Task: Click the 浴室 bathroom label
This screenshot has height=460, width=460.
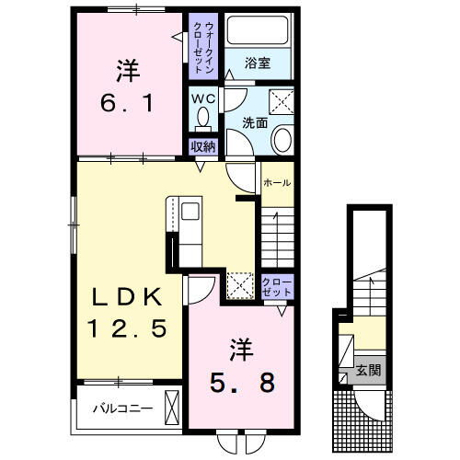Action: coord(258,63)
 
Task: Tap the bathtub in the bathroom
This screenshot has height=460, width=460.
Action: coord(258,30)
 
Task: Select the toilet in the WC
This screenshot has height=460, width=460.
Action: coord(203,120)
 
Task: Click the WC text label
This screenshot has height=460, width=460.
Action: coord(203,98)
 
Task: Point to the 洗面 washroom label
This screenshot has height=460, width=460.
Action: coord(255,122)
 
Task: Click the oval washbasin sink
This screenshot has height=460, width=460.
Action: coord(282,141)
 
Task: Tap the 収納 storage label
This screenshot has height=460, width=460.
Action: coord(203,147)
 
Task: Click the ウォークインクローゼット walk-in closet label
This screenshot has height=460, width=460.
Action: coord(203,47)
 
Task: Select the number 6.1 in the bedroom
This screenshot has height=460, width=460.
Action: coord(127,103)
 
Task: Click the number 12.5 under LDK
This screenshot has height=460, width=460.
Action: coord(127,328)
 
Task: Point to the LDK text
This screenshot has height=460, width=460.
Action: coord(127,297)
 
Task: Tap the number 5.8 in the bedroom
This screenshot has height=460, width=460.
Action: coord(242,383)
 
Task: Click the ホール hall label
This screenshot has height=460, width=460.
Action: coord(277,183)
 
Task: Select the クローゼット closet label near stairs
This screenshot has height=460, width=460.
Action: coord(277,287)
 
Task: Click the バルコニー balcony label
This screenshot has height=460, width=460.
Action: coord(123,408)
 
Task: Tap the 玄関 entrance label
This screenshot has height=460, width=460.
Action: coord(368,371)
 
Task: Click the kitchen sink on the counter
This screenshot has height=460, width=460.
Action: coord(190,212)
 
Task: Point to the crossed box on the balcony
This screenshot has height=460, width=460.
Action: coord(172,408)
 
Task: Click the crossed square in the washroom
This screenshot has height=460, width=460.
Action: coord(282,102)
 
